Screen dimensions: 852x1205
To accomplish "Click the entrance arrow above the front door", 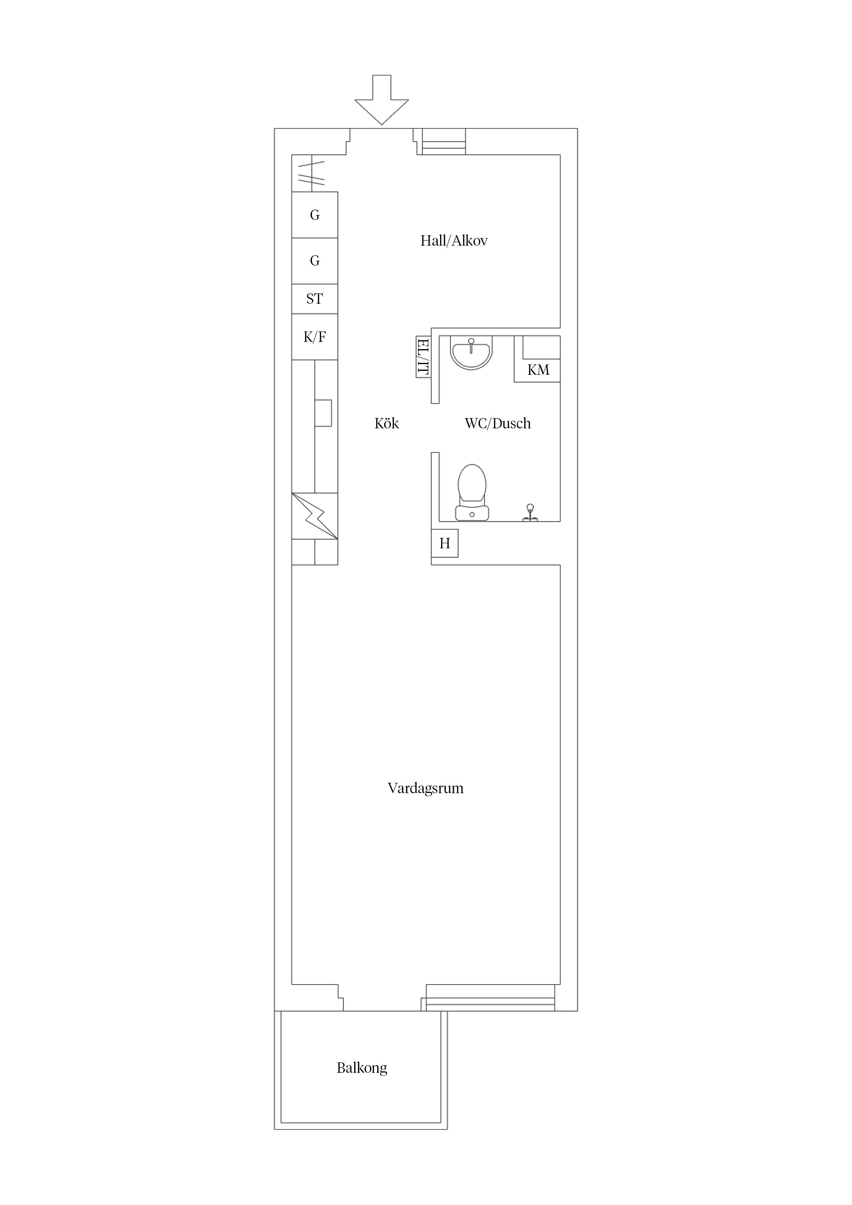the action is point(382,100).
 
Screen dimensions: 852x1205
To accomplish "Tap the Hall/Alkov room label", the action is point(454,241).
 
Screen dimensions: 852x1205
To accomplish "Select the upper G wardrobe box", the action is point(314,215).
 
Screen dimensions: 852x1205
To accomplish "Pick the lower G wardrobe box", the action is point(314,261).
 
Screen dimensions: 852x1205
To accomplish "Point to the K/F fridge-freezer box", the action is point(314,337).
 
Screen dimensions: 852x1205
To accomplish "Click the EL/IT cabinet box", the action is point(424,357).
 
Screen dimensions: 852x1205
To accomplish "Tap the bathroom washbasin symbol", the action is point(471,353).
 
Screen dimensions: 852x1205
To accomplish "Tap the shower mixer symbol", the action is point(530,513).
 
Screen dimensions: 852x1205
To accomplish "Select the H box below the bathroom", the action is point(445,543).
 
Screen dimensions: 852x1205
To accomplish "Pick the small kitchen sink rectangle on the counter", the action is point(323,413).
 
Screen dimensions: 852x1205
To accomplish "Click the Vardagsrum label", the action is point(426,788).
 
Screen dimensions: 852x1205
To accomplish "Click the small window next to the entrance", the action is point(444,142).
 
